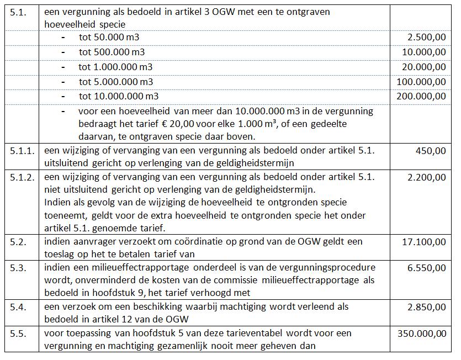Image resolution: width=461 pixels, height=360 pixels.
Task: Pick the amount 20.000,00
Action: coord(424,66)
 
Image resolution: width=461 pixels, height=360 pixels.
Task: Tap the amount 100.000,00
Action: coord(421,81)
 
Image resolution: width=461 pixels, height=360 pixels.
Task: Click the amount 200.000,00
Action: coord(421,96)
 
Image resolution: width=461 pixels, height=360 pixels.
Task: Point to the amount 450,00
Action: coord(431,150)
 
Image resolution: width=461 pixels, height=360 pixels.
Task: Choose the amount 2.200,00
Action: coord(426,177)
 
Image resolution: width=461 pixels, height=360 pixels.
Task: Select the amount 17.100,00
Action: coord(424,241)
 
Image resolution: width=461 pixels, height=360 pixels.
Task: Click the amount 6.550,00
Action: coord(426,268)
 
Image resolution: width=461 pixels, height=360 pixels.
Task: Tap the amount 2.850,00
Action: coord(426,306)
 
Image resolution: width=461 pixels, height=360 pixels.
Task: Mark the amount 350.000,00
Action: coord(421,333)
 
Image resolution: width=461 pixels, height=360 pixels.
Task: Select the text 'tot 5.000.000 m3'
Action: coord(116,82)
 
